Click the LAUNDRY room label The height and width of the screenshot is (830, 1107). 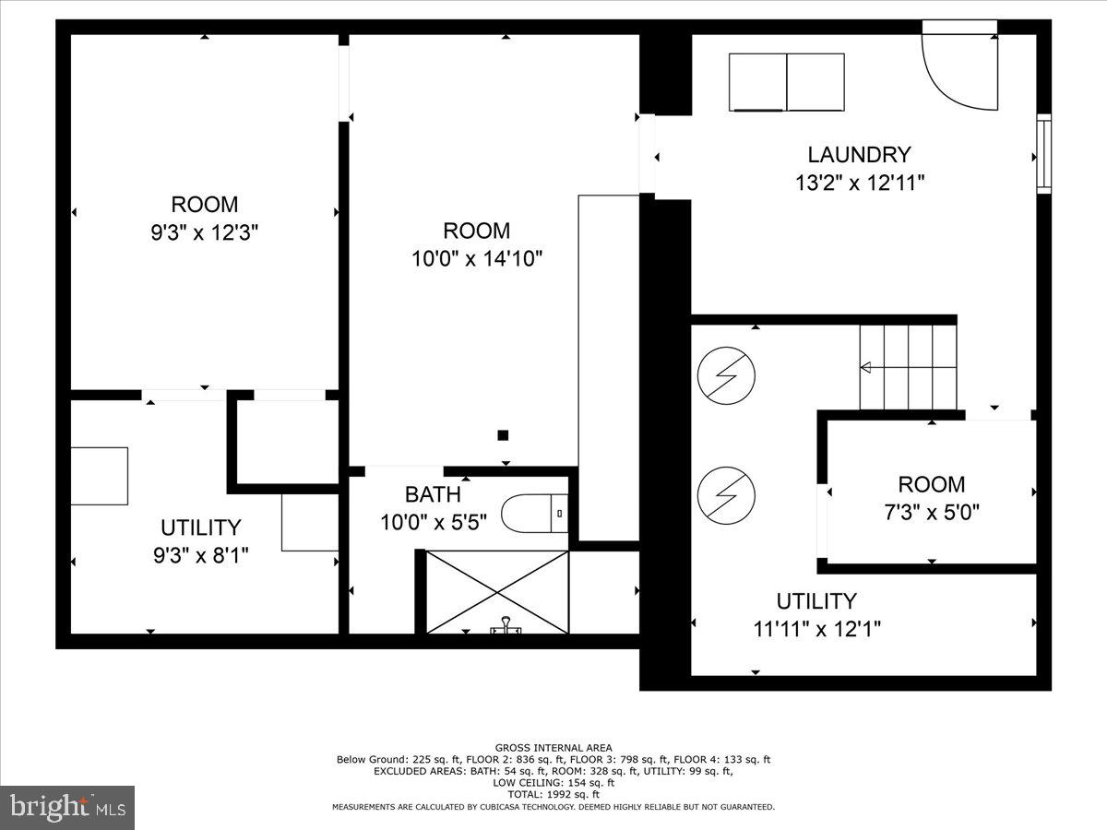coord(859,155)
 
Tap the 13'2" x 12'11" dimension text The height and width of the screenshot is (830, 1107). coord(859,183)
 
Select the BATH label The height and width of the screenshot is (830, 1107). coord(433,495)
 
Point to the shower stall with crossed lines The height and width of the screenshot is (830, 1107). coord(497,591)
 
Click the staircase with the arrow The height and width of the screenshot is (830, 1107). coord(909,367)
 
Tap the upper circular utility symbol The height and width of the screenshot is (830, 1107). coord(726,375)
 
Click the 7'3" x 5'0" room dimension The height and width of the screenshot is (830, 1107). coord(932,512)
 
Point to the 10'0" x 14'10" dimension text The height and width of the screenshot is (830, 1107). coord(476,258)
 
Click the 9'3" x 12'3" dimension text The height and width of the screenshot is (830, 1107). coord(204,232)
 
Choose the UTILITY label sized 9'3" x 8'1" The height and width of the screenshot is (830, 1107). coord(200,528)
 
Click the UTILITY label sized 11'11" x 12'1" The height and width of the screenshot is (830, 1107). coord(816,601)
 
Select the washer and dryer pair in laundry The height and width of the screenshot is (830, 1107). coord(786,82)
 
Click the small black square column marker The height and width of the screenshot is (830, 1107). coord(503,435)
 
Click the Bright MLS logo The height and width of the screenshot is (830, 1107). coord(67,807)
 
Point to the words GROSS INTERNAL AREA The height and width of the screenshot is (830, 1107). coord(553,748)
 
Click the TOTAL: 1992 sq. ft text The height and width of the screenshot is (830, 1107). coord(553,793)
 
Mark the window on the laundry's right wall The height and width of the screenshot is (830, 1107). coord(1044,154)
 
